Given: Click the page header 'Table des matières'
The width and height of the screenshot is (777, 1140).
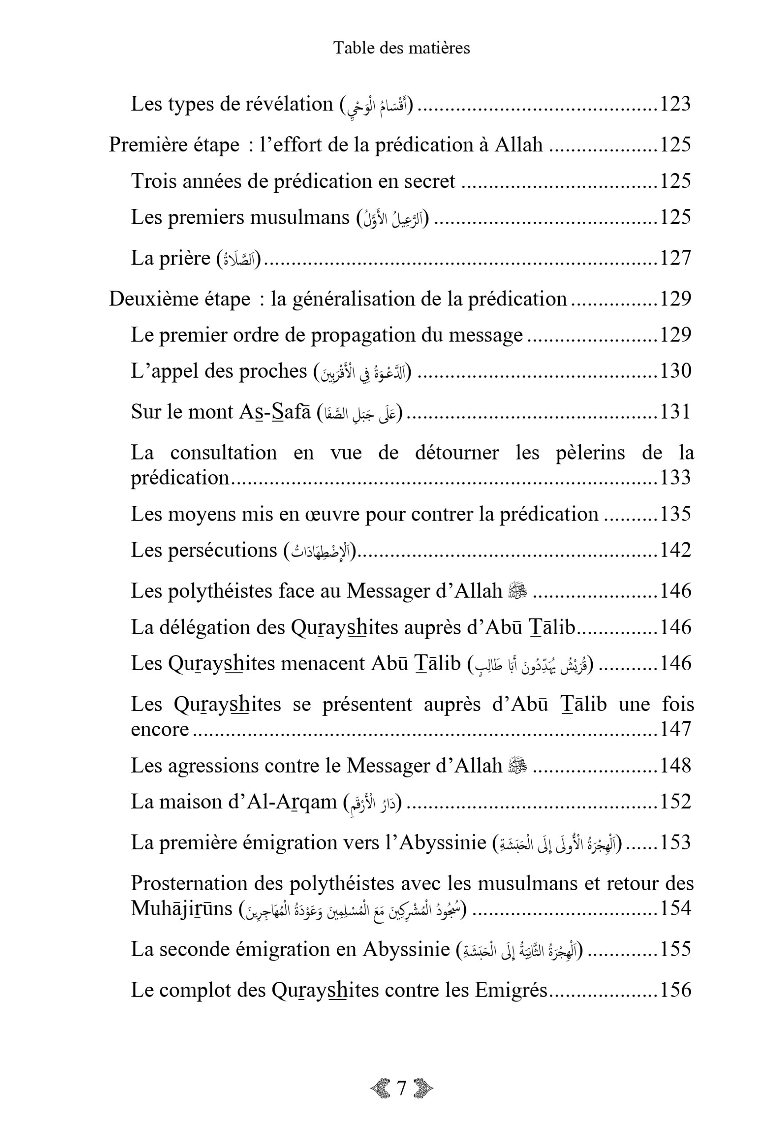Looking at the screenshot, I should click(x=401, y=48).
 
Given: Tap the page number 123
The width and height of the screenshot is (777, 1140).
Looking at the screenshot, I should click(x=675, y=104).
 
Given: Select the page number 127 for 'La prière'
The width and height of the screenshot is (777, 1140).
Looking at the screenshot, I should click(x=675, y=258).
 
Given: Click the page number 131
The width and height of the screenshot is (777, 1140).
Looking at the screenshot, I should click(x=675, y=411).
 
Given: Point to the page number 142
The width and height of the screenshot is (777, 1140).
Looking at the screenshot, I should click(x=675, y=550).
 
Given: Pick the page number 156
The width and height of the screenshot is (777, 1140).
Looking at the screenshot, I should click(x=675, y=990).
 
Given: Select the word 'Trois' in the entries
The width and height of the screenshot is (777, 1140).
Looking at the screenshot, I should click(x=149, y=181).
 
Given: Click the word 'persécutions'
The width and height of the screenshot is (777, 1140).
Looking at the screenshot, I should click(x=223, y=550).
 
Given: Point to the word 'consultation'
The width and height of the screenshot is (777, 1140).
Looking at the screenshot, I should click(x=223, y=452).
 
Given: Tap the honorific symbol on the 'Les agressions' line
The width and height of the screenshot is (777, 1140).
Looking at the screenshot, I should click(x=518, y=765).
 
